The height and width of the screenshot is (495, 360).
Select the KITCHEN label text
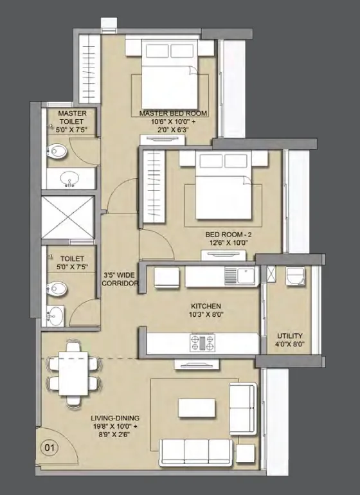206,306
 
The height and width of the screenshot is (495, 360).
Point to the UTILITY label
290,336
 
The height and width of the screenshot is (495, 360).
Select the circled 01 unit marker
48,444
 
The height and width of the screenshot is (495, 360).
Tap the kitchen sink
245,276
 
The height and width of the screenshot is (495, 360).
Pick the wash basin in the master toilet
67,179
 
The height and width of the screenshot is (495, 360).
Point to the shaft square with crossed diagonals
67,219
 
